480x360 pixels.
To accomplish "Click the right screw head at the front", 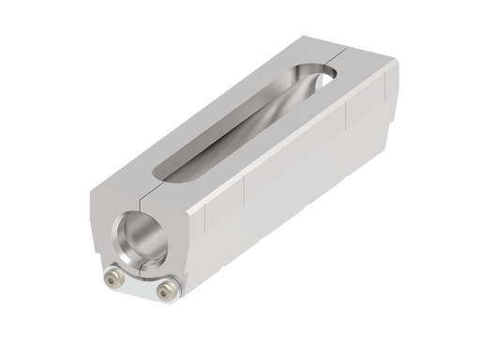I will pos(166,291).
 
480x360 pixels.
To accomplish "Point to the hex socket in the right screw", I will pos(166,291).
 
